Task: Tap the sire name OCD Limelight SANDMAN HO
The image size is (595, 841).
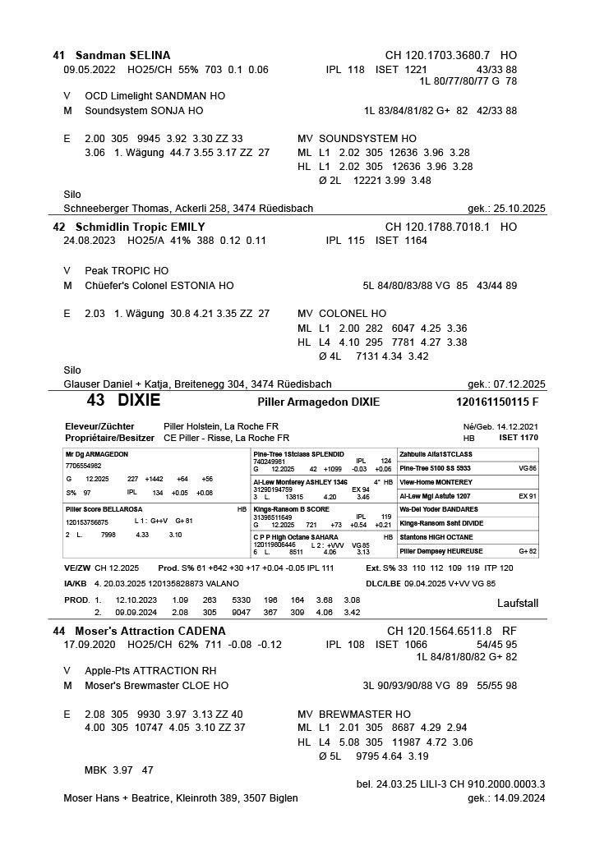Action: [x=155, y=96]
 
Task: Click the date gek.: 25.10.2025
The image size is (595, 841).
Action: [x=506, y=209]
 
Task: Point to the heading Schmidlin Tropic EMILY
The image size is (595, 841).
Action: [x=140, y=227]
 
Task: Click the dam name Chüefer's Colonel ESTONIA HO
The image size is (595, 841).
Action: [x=159, y=286]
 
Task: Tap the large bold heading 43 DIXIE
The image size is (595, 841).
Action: [x=123, y=402]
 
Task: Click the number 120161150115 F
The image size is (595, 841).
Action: [x=496, y=402]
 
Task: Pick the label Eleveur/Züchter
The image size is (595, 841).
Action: [x=99, y=427]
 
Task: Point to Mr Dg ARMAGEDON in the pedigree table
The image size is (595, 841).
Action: [x=96, y=454]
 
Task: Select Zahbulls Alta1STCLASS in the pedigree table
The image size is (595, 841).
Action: [x=435, y=454]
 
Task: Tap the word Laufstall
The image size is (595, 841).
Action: [x=518, y=603]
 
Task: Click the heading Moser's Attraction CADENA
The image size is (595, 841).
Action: [x=150, y=631]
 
